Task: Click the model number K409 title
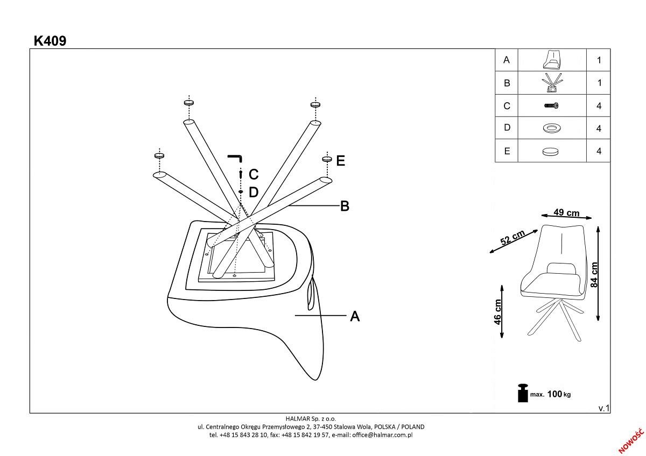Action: pyautogui.click(x=50, y=41)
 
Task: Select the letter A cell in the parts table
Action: pyautogui.click(x=506, y=60)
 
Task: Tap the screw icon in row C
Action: pyautogui.click(x=551, y=106)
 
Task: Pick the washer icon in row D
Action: pyautogui.click(x=551, y=128)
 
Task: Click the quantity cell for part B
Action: pyautogui.click(x=599, y=83)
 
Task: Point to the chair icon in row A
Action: pyautogui.click(x=551, y=60)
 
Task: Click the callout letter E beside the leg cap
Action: pyautogui.click(x=340, y=160)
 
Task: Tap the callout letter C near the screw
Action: pyautogui.click(x=254, y=174)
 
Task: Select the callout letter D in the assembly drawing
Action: pyautogui.click(x=254, y=193)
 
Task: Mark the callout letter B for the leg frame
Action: pyautogui.click(x=345, y=206)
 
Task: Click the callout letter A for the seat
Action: pyautogui.click(x=355, y=316)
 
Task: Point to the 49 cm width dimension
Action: pyautogui.click(x=566, y=212)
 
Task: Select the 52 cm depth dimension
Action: pyautogui.click(x=512, y=238)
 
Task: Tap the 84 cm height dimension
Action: pyautogui.click(x=594, y=274)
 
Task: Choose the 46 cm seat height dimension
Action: pyautogui.click(x=498, y=312)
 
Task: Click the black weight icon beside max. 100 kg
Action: pyautogui.click(x=522, y=393)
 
